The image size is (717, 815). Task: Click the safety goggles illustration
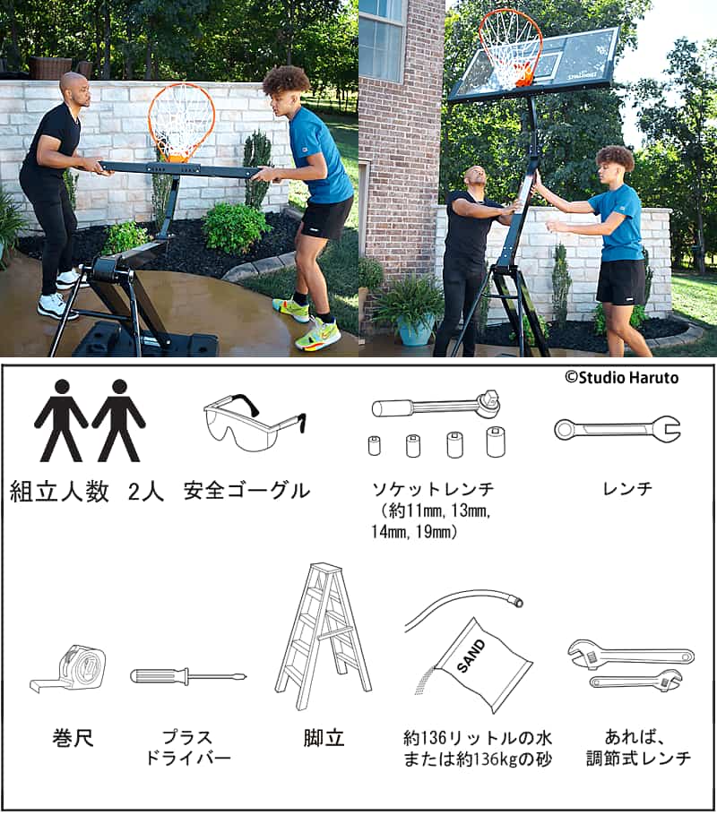click(254, 421)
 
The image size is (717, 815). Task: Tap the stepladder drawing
click(324, 637)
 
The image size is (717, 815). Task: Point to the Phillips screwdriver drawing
click(188, 676)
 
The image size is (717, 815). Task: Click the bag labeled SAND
click(481, 665)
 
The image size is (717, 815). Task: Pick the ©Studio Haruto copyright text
click(622, 377)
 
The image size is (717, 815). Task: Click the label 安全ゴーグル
click(246, 491)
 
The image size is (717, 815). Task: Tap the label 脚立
click(324, 738)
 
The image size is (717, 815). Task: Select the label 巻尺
click(73, 738)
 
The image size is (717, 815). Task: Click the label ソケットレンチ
click(433, 489)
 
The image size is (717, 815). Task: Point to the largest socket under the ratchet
click(496, 442)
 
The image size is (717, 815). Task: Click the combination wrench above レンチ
click(618, 429)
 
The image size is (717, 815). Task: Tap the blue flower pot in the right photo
click(415, 329)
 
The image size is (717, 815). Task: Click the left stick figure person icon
click(62, 420)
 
